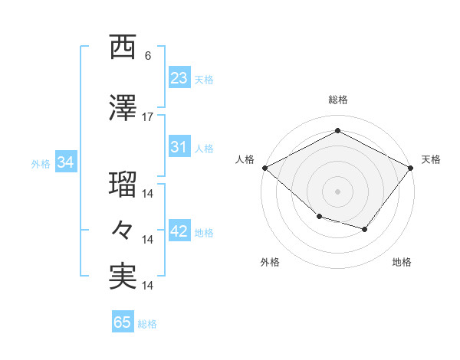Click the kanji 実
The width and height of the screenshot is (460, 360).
coord(123,276)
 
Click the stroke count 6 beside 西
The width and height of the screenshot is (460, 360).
coord(148,56)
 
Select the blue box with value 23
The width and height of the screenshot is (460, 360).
coord(179,77)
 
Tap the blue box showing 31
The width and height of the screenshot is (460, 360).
coord(179,147)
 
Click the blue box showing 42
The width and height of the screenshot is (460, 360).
coord(179,231)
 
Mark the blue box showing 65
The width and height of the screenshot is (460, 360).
coord(123,322)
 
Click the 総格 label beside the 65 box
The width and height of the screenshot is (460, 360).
coord(147,324)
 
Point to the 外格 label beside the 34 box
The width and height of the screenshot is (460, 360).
coord(41,164)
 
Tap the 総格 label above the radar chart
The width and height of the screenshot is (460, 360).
coord(337,100)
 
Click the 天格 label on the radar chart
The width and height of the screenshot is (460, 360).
coord(431,159)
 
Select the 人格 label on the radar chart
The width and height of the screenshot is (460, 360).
coord(245,159)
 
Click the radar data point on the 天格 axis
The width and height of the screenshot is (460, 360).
coord(411,167)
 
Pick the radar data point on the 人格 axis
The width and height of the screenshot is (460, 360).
coord(264,167)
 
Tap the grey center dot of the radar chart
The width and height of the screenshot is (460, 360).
coord(337,191)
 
